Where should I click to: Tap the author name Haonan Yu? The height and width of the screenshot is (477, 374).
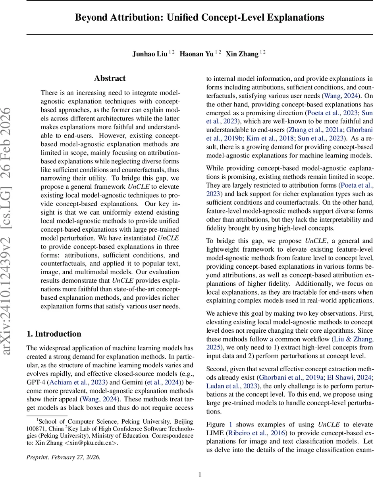(x=197, y=54)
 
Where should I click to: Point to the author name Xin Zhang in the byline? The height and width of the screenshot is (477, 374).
(x=242, y=54)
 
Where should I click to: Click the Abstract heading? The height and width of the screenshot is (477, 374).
(x=110, y=78)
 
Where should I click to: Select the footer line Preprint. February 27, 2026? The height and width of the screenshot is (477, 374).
(x=64, y=457)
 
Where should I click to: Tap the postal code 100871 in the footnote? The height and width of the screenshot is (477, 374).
(x=36, y=429)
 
